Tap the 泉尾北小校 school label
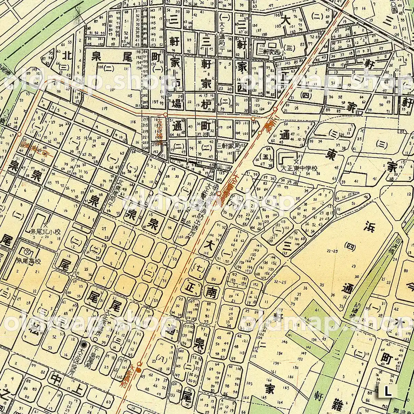[46, 232]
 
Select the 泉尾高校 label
[29, 262]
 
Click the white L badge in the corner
[388, 392]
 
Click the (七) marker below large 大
[198, 267]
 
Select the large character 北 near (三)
[67, 55]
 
